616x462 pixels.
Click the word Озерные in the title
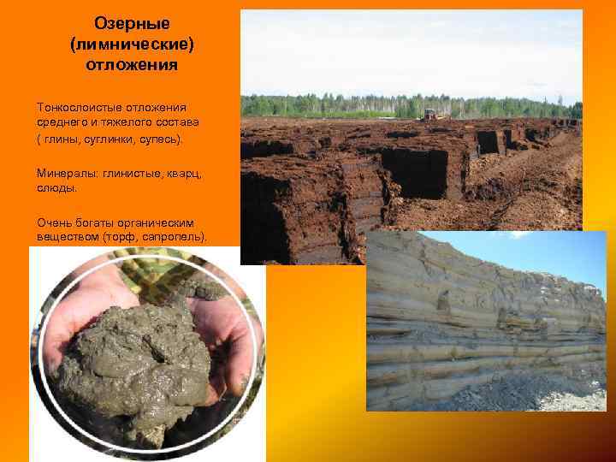(132, 23)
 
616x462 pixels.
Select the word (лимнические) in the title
(132, 44)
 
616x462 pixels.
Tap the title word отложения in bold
(132, 64)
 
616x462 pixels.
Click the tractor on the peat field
(429, 113)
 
